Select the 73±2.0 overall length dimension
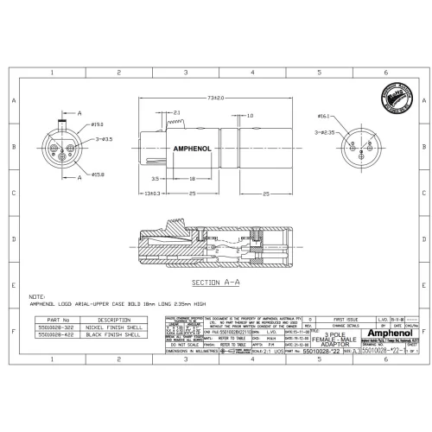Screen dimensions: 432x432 pos(215,98)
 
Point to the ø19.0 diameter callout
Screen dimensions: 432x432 pos(98,126)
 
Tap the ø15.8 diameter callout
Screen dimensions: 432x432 pos(98,176)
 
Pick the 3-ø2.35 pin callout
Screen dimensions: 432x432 pos(323,133)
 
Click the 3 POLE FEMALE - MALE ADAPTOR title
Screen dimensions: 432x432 pos(333,339)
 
